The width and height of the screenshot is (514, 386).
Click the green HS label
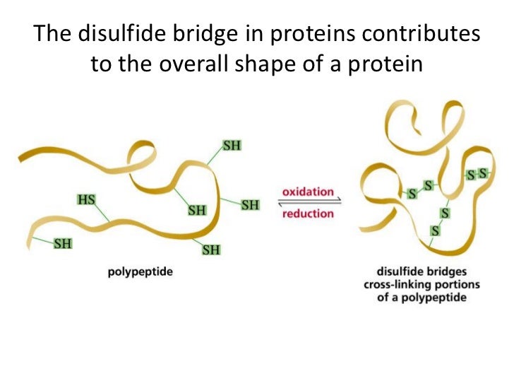click(86, 199)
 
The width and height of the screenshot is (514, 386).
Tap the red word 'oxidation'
click(307, 191)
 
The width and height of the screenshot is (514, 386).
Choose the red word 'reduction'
click(307, 214)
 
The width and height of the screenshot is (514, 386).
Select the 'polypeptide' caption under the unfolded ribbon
click(141, 271)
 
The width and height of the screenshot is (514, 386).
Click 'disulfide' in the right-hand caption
click(398, 271)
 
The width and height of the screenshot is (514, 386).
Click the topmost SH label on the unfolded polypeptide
click(232, 146)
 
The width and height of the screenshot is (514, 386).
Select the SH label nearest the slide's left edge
click(63, 243)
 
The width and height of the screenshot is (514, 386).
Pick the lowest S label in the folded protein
click(436, 230)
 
